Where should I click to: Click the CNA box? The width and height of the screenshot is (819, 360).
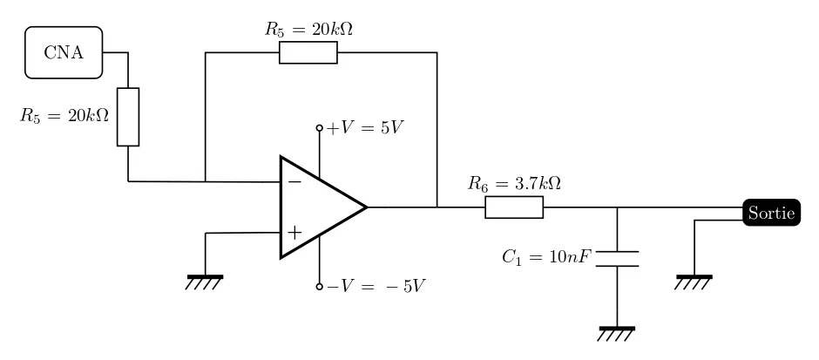tap(64, 52)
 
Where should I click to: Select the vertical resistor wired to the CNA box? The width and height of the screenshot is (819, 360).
tap(128, 117)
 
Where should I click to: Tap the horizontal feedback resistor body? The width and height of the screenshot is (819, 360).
tap(308, 52)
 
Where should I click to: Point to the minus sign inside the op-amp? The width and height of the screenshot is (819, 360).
tap(294, 182)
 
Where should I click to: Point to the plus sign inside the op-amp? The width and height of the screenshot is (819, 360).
tap(294, 233)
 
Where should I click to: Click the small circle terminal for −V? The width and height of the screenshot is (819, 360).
tap(320, 286)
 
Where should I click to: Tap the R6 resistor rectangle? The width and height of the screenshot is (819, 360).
tap(514, 207)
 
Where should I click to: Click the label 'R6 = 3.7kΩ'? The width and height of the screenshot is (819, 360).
tap(514, 184)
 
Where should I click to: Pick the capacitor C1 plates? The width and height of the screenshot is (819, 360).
tap(617, 258)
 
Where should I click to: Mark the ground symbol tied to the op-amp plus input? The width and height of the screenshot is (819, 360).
tap(205, 279)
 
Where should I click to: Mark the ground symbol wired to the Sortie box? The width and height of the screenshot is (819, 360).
tap(694, 279)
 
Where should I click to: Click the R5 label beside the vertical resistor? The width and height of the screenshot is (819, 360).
tap(65, 115)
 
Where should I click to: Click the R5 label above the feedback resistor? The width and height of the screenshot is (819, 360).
tap(308, 29)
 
